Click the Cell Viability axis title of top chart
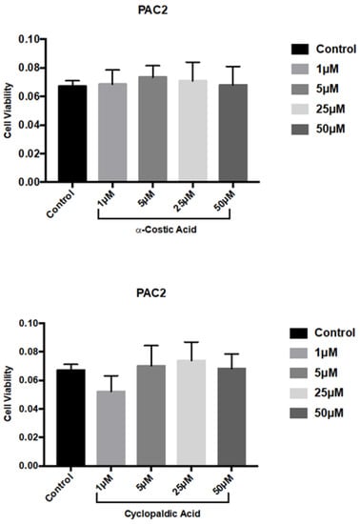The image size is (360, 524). tap(9, 110)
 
